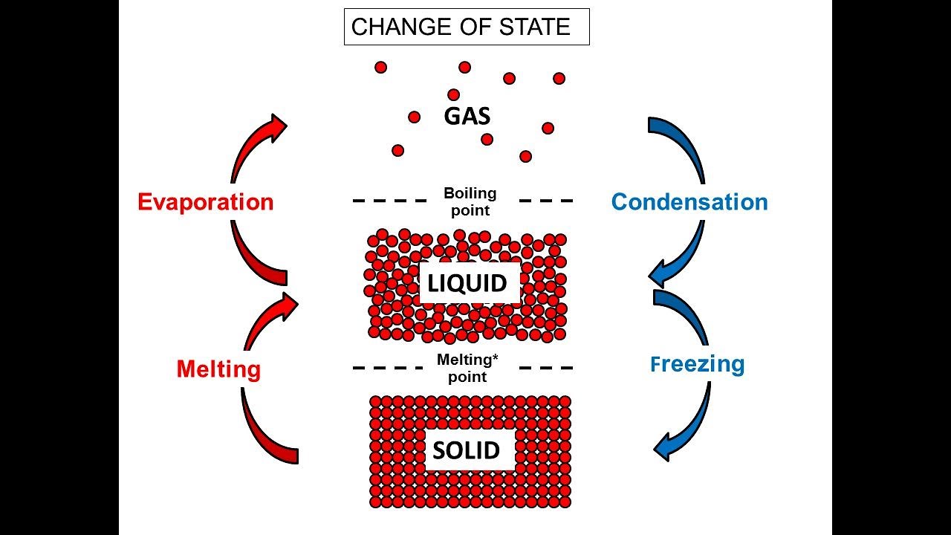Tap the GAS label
point(467,117)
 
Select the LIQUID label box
point(468,283)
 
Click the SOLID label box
point(467,450)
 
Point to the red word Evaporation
point(206,202)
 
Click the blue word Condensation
point(689,202)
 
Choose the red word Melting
point(218,369)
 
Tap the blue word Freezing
point(697,364)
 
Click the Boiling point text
point(470,201)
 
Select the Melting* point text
point(467,368)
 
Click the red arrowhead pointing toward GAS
point(278,127)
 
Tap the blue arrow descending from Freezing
point(687,424)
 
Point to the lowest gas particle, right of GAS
point(525,156)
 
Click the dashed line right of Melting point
point(546,368)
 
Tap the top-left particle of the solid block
point(376,402)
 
